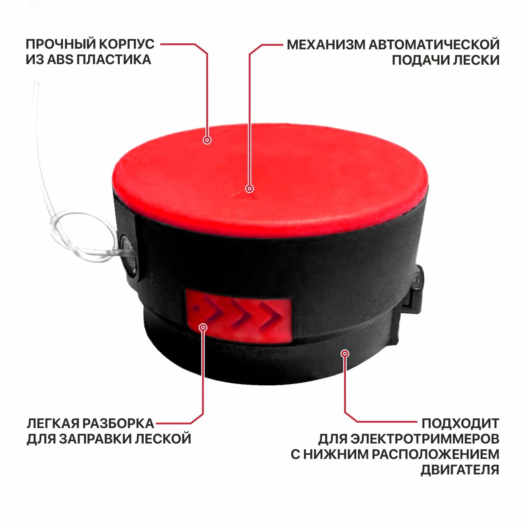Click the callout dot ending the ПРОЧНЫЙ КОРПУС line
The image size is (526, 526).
pos(207,140)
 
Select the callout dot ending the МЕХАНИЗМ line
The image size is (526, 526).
pos(250,189)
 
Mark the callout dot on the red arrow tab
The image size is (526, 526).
pos(203,327)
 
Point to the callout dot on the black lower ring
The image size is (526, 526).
pos(345,354)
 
